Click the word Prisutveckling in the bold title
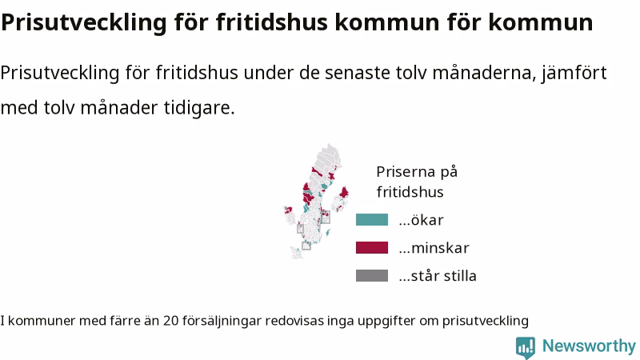point(84,22)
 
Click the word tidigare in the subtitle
point(199,108)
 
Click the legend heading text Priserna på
point(417,172)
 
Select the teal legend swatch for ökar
point(372,219)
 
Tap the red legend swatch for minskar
point(372,248)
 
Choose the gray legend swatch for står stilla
point(372,275)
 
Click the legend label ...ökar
point(422,220)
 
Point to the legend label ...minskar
point(434,248)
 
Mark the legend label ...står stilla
point(438,276)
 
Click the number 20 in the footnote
point(171,321)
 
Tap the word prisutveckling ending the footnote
point(486,322)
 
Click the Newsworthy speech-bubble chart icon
point(526,347)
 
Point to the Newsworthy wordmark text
point(589,346)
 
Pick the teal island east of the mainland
point(328,233)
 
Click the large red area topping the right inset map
point(344,192)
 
